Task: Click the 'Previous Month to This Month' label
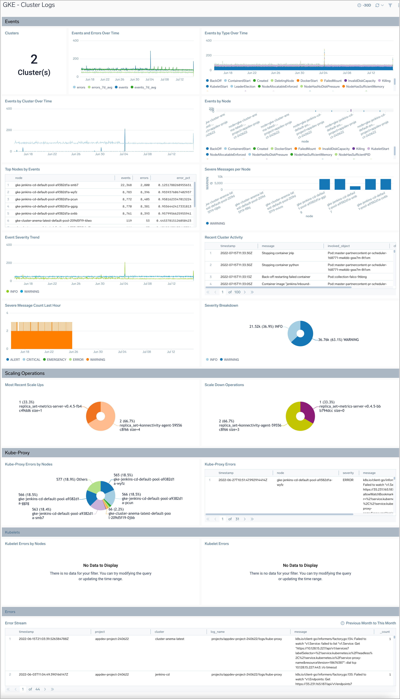tap(371, 623)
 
